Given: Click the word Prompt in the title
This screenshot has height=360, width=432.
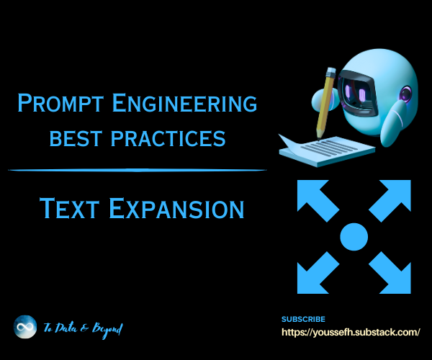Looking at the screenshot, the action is pos(60,103).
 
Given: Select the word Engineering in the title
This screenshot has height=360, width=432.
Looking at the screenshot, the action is pos(184,103).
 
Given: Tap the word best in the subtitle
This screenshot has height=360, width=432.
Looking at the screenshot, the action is pos(76,138).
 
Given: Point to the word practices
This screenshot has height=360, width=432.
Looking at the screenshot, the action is pos(168,138).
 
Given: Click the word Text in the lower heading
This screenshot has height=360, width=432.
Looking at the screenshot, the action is pos(69,208).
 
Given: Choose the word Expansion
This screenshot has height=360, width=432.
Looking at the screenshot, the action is pos(176,208).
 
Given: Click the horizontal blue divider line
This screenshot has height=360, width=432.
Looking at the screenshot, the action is pos(138,170).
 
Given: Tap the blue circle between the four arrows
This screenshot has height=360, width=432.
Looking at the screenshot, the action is pos(354,237).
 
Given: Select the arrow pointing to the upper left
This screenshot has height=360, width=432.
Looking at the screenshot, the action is pos(317,199).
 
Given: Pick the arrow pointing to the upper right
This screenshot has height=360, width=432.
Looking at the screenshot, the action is pos(391,199).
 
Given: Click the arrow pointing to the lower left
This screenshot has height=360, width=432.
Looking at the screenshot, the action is pos(317,274).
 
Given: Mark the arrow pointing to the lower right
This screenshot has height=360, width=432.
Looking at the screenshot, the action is pos(391,274).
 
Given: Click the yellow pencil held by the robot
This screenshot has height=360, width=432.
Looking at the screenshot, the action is pos(326,102).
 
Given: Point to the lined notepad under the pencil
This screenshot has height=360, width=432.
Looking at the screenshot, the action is pos(328,151).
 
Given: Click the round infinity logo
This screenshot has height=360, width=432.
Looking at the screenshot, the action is pos(25,327).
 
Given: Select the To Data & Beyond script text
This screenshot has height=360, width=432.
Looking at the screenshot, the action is pos(84,329).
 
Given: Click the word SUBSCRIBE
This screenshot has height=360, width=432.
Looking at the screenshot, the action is pos(303,319).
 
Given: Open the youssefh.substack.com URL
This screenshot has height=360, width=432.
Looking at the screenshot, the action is pos(351,332).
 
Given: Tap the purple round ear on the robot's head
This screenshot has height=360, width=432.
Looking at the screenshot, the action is pos(405,94).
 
